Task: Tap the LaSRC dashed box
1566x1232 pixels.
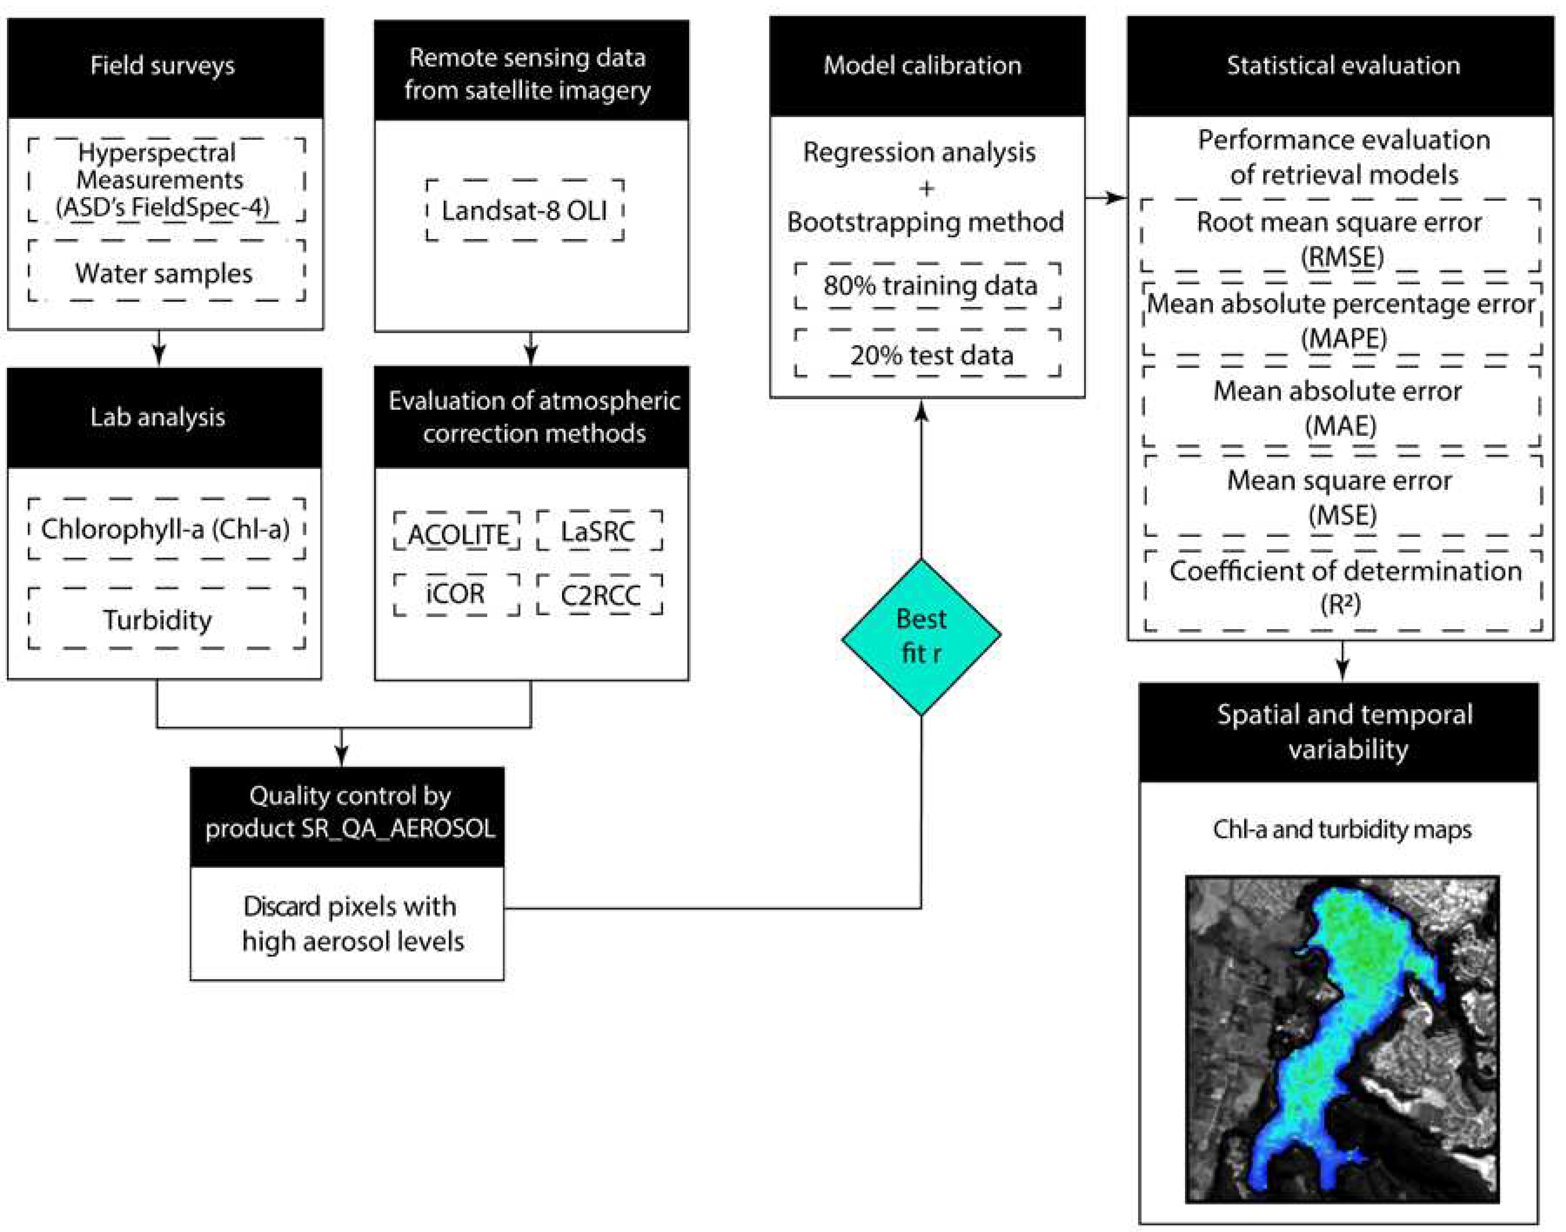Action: point(599,532)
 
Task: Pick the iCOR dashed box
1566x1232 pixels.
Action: point(457,594)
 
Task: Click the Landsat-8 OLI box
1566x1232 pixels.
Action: point(525,211)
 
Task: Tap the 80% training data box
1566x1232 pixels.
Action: point(928,286)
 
